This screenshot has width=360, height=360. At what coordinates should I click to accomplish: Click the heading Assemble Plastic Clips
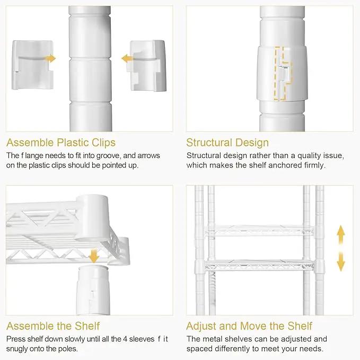coord(61,143)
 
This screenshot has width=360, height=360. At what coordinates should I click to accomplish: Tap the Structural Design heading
coord(227,143)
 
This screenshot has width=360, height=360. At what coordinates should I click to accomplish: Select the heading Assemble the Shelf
coord(53,326)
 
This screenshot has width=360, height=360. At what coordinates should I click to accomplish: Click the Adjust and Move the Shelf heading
coord(249,326)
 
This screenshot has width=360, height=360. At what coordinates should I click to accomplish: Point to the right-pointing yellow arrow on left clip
coord(50,58)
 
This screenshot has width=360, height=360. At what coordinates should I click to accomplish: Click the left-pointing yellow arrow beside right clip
coord(127,59)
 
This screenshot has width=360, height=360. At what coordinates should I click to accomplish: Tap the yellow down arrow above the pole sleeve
coord(93,256)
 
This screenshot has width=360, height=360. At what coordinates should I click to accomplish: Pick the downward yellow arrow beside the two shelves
coord(341,261)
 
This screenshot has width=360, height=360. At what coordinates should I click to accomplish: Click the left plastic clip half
coord(32,65)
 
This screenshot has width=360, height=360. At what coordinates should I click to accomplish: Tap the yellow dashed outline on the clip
coord(283,74)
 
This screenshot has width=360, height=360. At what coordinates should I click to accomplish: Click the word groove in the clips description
coord(108,156)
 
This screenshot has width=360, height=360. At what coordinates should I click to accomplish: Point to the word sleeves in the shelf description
coord(142,339)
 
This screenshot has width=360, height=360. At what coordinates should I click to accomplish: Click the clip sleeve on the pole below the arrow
coord(93,289)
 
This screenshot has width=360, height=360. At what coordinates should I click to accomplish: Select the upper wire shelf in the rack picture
coord(259,231)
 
